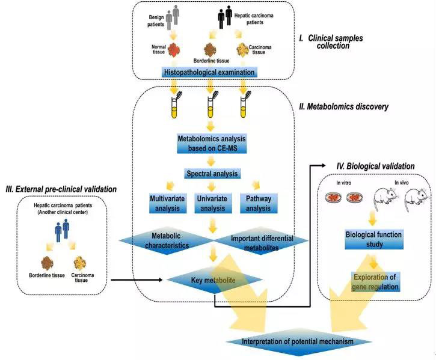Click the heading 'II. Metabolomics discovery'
coord(343,107)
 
